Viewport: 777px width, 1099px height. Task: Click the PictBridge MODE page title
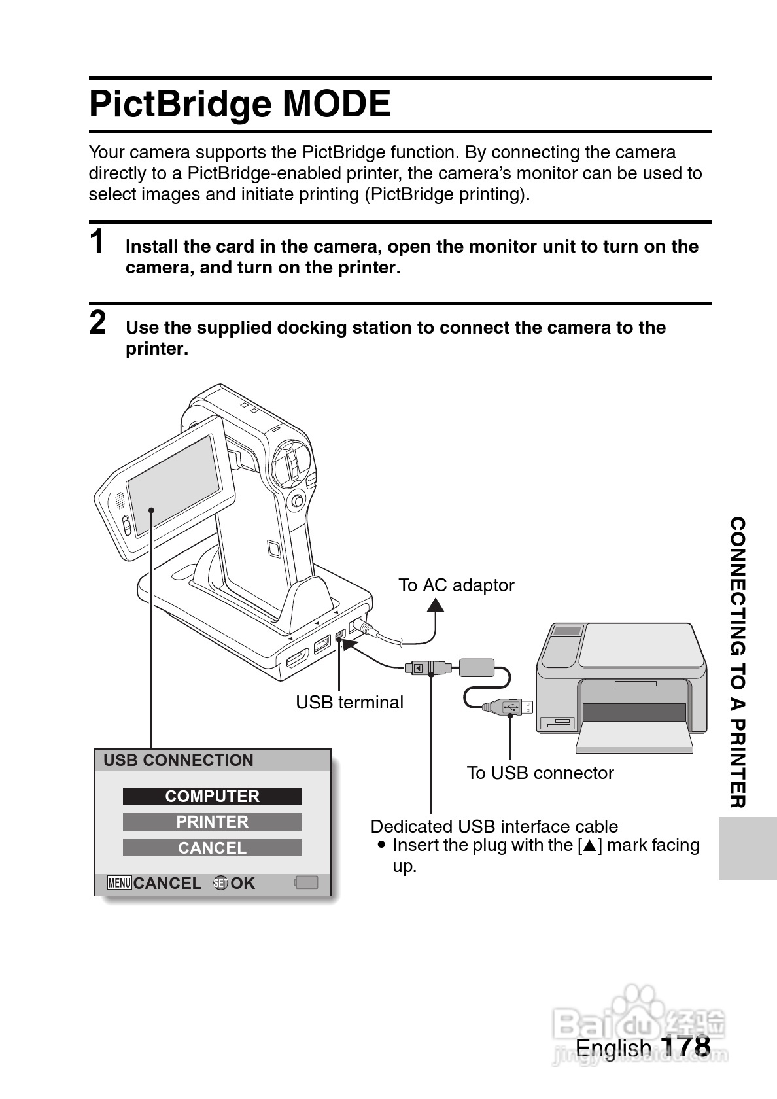(x=240, y=104)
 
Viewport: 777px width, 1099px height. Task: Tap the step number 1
(x=97, y=241)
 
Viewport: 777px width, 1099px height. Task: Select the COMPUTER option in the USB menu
(x=212, y=795)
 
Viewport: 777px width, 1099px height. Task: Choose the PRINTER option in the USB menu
(x=212, y=822)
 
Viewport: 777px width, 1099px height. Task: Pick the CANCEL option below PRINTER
(x=212, y=848)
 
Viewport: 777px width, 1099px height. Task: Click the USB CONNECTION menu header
(x=179, y=760)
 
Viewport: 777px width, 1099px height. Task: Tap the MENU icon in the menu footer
(x=119, y=883)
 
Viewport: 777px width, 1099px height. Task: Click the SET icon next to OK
(x=221, y=883)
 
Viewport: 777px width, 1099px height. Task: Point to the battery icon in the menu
(x=306, y=882)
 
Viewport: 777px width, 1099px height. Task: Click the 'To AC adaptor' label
(x=457, y=585)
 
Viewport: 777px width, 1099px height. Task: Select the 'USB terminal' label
(x=349, y=702)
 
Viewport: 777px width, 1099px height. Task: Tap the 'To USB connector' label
(x=540, y=773)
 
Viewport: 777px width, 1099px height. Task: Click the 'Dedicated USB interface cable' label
(x=494, y=827)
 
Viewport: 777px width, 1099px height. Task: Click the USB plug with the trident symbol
(x=508, y=707)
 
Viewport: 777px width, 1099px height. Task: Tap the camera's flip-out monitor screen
(x=173, y=485)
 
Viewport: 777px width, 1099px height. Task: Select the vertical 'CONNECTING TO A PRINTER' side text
(x=738, y=662)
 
